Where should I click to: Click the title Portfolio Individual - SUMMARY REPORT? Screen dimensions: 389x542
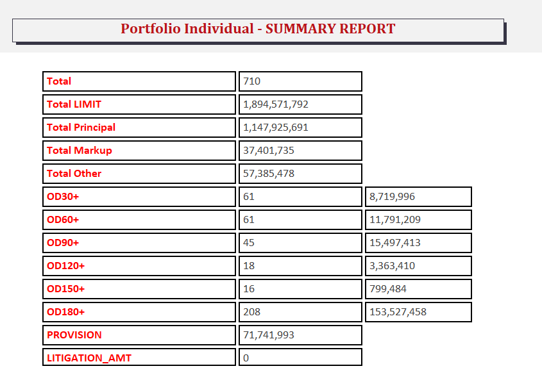(258, 29)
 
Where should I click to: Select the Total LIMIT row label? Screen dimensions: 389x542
(74, 104)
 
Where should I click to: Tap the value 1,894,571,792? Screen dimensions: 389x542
(276, 104)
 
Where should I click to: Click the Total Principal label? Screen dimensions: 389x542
(81, 128)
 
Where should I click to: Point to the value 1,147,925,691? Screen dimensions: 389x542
(276, 128)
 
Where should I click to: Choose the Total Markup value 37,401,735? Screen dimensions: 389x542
(269, 151)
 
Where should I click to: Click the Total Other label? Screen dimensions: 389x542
(74, 174)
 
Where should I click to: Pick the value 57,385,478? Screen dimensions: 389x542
(269, 174)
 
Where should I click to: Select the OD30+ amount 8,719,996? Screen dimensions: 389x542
(392, 197)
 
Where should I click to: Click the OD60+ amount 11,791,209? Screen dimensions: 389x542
(394, 220)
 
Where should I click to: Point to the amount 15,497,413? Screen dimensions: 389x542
(394, 243)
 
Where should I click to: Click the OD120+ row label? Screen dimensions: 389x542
(65, 266)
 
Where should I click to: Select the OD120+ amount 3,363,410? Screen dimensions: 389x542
(392, 266)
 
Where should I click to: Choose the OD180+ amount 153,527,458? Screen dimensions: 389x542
(398, 312)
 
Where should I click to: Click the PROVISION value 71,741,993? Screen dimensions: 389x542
(269, 335)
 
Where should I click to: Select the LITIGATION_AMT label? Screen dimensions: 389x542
(89, 358)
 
